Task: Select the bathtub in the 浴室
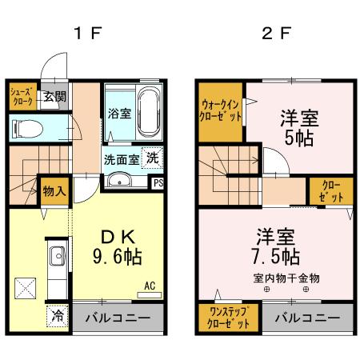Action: [x=149, y=112]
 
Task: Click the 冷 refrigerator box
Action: [x=58, y=315]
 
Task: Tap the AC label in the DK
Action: [x=150, y=285]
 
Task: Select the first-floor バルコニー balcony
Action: [x=118, y=318]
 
